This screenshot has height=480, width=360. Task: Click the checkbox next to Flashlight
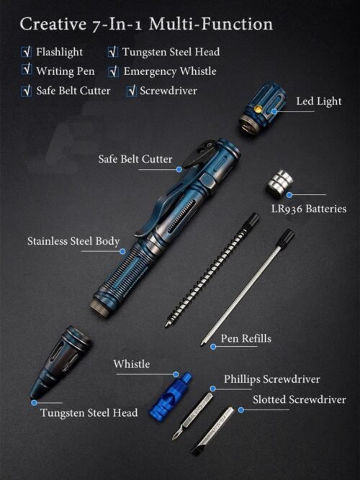(x=27, y=52)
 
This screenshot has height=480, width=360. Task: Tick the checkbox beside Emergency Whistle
(x=113, y=71)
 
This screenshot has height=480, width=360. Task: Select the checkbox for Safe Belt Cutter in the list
(x=27, y=91)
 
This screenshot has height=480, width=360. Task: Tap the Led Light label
(x=319, y=101)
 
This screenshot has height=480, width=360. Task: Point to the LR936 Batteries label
(x=309, y=209)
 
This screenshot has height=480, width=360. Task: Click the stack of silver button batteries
(x=279, y=184)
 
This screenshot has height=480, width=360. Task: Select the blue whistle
(x=171, y=395)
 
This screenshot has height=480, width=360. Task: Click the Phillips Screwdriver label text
(x=271, y=379)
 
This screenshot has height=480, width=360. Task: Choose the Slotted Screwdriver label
(x=300, y=399)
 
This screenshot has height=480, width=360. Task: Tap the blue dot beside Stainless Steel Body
(x=122, y=251)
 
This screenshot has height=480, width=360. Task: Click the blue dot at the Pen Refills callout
(x=213, y=347)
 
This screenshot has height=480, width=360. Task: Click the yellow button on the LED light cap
(x=258, y=109)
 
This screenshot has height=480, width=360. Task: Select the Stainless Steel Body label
(x=73, y=241)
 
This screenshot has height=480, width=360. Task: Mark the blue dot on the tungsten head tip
(x=34, y=403)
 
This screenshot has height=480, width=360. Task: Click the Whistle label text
(x=132, y=364)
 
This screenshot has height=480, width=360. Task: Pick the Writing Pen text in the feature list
(x=66, y=71)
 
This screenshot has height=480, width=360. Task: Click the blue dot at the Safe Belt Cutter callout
(x=179, y=169)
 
